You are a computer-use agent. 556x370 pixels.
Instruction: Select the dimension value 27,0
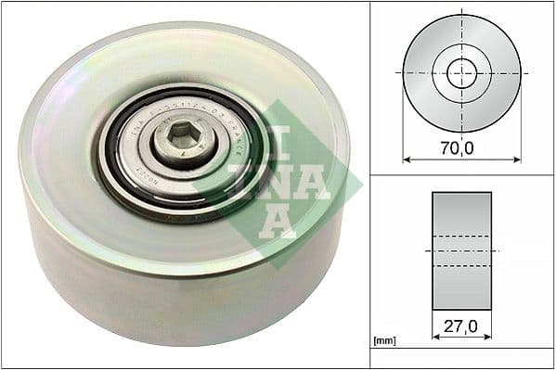[461, 326]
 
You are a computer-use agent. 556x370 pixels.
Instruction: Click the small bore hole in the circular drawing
[461, 72]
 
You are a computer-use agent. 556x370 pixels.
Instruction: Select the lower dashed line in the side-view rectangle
[461, 266]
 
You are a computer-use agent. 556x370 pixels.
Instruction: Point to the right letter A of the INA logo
[311, 182]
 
